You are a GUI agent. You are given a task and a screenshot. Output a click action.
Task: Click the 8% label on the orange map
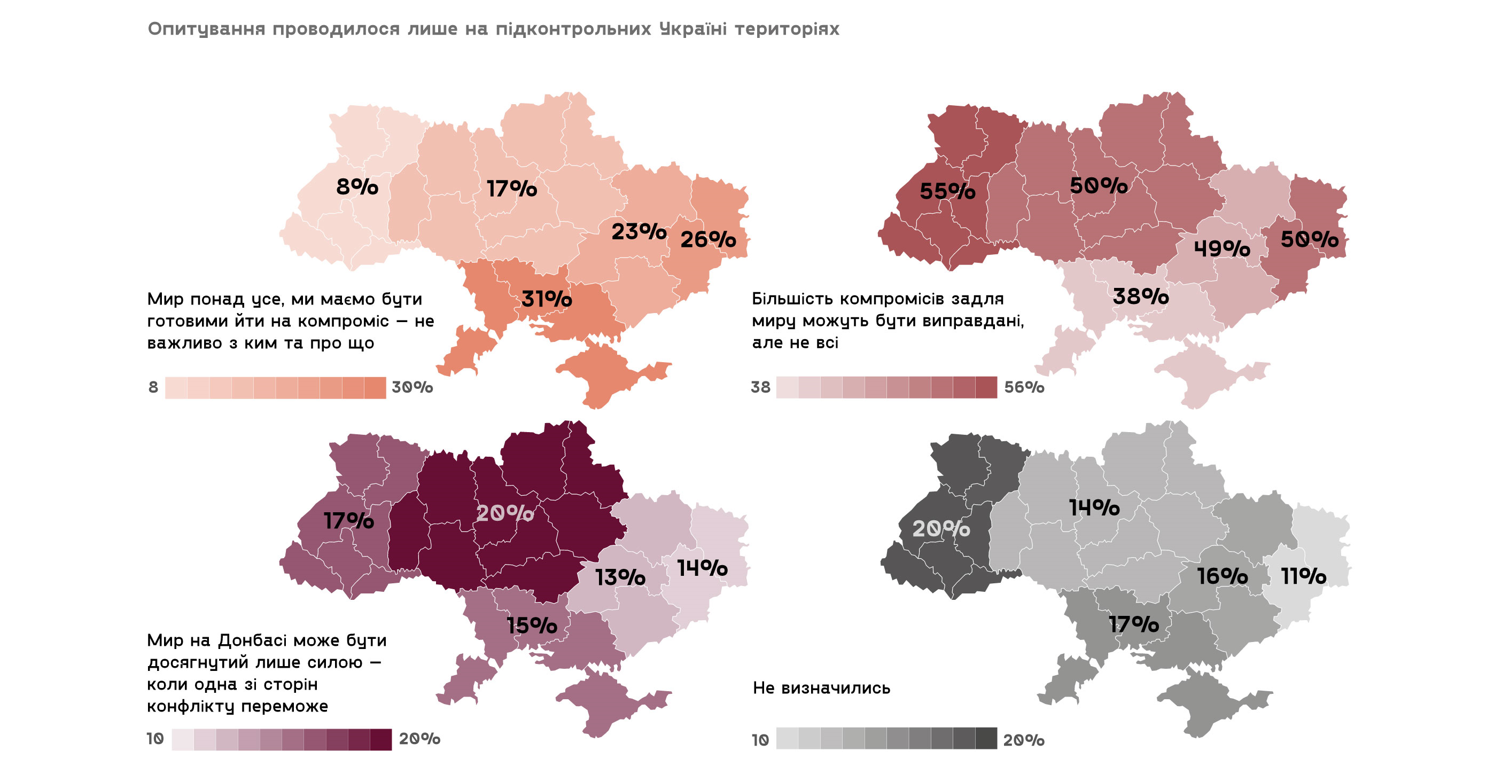(x=357, y=187)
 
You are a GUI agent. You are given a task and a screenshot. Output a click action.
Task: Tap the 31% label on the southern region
(x=546, y=300)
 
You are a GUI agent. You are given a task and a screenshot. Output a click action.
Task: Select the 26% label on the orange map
(x=707, y=240)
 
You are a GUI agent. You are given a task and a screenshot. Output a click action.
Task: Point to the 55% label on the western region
(x=947, y=192)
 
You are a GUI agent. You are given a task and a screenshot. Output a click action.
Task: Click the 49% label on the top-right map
(x=1221, y=249)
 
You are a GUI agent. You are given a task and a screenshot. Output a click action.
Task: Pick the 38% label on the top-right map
(x=1140, y=296)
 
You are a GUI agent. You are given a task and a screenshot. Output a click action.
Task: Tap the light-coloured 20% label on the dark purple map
(x=505, y=513)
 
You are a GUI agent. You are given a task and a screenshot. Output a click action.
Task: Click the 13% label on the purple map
(x=620, y=578)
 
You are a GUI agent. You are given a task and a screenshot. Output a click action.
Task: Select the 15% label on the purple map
(x=532, y=626)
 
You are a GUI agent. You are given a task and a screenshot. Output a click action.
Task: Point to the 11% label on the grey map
(x=1303, y=576)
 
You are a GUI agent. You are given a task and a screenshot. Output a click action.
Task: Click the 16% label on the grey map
(x=1221, y=576)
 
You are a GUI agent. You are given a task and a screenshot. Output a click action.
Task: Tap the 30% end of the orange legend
(x=412, y=387)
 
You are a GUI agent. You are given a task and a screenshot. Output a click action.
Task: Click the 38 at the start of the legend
(x=760, y=387)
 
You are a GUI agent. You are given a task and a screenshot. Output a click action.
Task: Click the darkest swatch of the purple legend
(x=380, y=739)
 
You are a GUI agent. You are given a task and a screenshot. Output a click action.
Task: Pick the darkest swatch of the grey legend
(x=986, y=738)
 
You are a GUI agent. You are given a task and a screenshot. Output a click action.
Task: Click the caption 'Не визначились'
(x=821, y=688)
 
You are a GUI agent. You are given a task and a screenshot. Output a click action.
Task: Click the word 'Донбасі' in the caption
(x=252, y=640)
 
